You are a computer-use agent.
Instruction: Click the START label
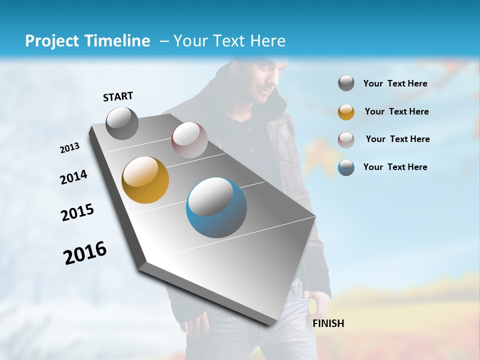pyautogui.click(x=118, y=96)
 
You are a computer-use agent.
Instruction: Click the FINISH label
pyautogui.click(x=328, y=323)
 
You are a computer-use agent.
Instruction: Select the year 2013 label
pyautogui.click(x=69, y=148)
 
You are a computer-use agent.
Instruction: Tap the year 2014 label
pyautogui.click(x=73, y=177)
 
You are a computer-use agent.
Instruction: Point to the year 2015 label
pyautogui.click(x=77, y=212)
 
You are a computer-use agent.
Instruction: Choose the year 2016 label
pyautogui.click(x=85, y=252)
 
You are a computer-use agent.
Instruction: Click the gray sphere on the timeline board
pyautogui.click(x=122, y=123)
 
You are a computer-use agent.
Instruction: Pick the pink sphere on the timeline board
pyautogui.click(x=189, y=140)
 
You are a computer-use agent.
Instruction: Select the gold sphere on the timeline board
pyautogui.click(x=145, y=180)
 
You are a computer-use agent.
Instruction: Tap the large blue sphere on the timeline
pyautogui.click(x=216, y=207)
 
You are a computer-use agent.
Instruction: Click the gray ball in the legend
pyautogui.click(x=346, y=83)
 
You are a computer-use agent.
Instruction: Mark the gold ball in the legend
pyautogui.click(x=346, y=112)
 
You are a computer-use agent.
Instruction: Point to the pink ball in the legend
pyautogui.click(x=346, y=139)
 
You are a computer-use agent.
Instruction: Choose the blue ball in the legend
pyautogui.click(x=346, y=167)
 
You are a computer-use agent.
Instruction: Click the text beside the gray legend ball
pyautogui.click(x=395, y=83)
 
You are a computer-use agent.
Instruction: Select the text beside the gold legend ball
pyautogui.click(x=396, y=111)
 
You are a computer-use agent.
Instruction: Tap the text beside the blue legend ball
pyautogui.click(x=395, y=167)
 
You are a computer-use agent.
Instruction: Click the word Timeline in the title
pyautogui.click(x=119, y=41)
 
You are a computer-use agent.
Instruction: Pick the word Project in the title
pyautogui.click(x=50, y=41)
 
